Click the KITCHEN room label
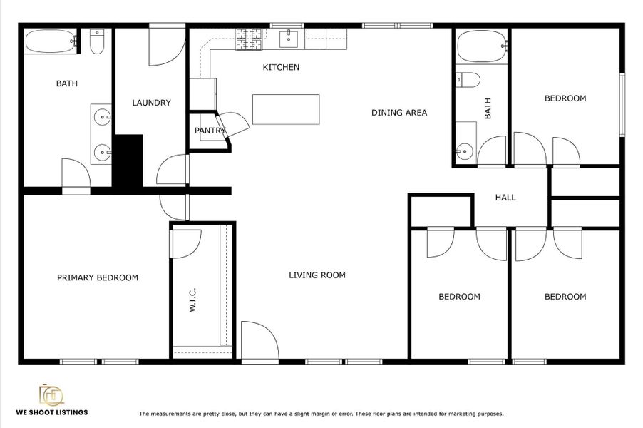coord(281,68)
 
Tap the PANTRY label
coord(210,131)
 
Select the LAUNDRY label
coord(151,103)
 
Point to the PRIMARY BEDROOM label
coord(98,277)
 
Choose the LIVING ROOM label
coord(317,275)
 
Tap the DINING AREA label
coord(399,112)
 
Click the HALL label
coord(505,198)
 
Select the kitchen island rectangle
coord(286,109)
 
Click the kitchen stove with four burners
coord(250,39)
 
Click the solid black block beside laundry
coord(129,161)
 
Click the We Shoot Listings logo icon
coord(51,394)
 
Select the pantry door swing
coord(234,123)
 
